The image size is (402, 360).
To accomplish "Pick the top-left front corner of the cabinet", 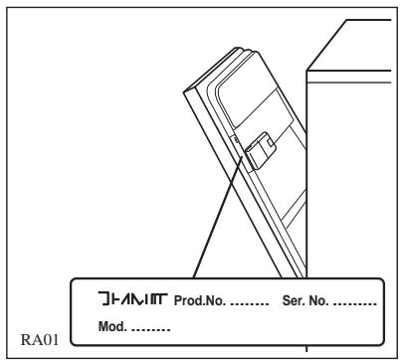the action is pos(307,71).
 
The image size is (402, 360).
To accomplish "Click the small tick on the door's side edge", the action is pos(234,145).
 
